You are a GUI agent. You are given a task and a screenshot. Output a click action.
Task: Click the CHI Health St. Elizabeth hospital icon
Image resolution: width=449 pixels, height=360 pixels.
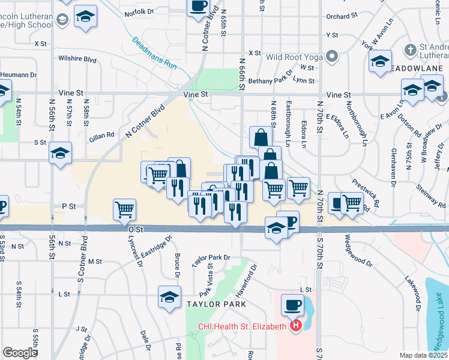295,327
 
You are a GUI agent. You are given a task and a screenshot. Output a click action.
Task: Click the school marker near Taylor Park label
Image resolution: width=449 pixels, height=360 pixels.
169,297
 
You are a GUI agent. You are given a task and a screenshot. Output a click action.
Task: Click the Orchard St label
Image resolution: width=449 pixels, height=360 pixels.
342,17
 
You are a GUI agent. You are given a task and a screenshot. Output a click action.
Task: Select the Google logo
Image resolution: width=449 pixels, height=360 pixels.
20,353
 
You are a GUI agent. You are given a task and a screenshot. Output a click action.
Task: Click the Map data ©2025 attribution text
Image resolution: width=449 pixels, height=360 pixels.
423,355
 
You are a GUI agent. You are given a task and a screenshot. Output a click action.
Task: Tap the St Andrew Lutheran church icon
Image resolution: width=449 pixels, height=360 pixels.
411,49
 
